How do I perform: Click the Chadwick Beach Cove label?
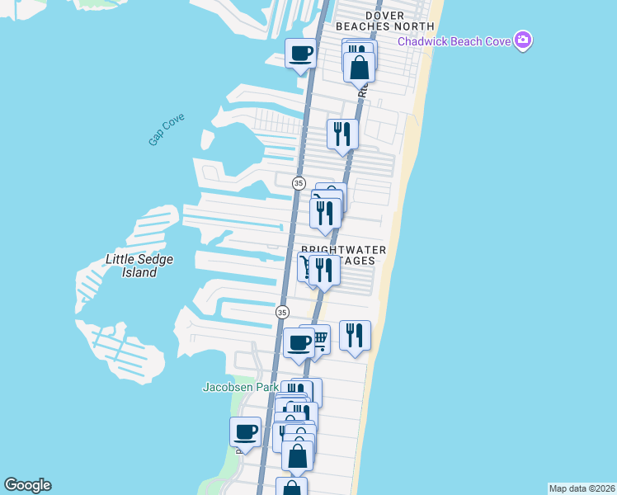(455, 41)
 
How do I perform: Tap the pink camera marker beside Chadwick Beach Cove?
(522, 40)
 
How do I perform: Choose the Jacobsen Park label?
(240, 387)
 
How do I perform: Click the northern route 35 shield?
(299, 183)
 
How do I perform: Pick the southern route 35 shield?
(282, 313)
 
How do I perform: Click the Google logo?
(27, 485)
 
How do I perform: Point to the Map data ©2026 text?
(582, 488)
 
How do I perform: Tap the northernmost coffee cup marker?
(301, 54)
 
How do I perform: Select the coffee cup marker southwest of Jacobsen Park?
(245, 431)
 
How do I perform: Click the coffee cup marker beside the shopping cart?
(298, 342)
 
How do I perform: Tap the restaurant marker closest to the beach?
(355, 335)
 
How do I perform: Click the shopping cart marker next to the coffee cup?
(318, 339)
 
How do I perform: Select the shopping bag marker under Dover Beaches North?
(360, 67)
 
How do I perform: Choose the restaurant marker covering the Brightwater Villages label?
(325, 271)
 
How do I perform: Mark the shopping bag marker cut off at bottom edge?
(291, 487)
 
